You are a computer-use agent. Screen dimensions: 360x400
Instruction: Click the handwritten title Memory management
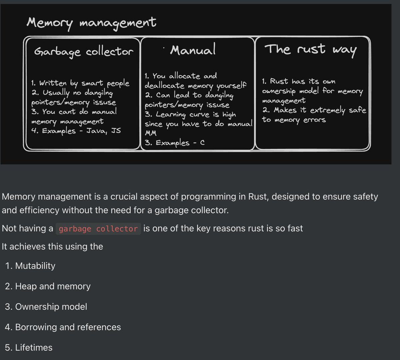click(91, 23)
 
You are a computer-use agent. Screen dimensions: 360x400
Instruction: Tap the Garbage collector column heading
click(84, 52)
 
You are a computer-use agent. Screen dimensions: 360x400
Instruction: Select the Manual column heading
click(193, 50)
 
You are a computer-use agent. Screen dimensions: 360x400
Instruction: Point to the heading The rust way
click(311, 50)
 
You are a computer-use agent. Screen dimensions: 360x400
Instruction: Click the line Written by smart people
click(80, 83)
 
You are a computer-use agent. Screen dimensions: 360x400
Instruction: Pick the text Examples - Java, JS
click(76, 131)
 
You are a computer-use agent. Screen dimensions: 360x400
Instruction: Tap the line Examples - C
click(175, 143)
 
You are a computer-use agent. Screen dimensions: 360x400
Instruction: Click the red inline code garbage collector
click(98, 229)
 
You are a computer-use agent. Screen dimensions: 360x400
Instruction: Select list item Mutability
click(35, 266)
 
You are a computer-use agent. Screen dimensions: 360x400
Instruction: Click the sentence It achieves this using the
click(52, 246)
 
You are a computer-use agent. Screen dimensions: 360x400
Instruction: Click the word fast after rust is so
click(294, 228)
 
